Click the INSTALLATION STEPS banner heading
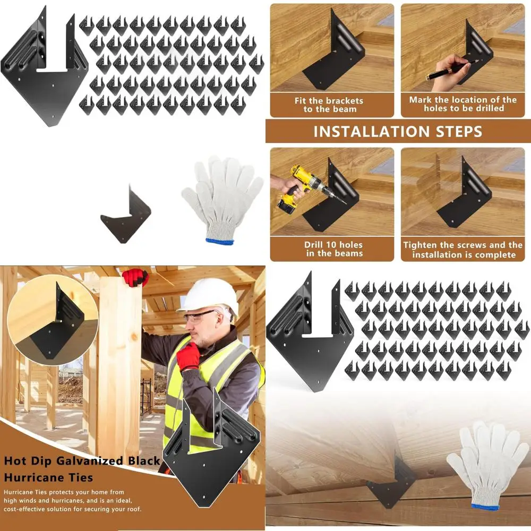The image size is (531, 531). (398, 131)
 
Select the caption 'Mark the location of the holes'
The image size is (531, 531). (463, 104)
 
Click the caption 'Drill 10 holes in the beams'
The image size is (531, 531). (333, 249)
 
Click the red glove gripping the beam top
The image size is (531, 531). (135, 277)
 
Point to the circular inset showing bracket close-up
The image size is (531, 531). (53, 321)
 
